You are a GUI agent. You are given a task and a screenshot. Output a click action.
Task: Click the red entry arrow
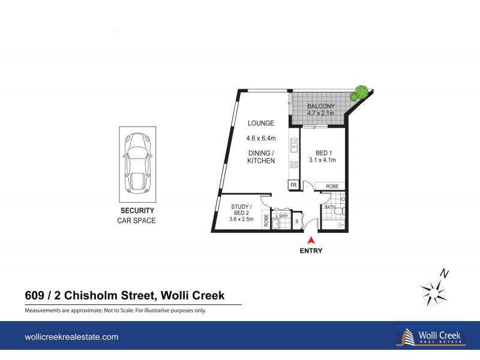[x=311, y=240]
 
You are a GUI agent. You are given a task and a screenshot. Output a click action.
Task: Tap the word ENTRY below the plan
[x=311, y=251]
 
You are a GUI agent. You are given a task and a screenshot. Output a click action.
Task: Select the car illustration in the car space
[x=137, y=164]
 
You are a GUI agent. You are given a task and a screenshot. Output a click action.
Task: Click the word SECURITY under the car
[x=137, y=211]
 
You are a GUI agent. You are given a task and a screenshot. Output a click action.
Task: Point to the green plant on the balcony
[x=360, y=92]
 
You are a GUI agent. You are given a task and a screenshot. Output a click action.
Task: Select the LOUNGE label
[x=261, y=123]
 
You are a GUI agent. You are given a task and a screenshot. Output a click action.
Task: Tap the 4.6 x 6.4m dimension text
[x=261, y=138]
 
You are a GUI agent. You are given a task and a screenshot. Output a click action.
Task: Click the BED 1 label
[x=322, y=152]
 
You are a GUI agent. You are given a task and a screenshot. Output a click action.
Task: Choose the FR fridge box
[x=293, y=185]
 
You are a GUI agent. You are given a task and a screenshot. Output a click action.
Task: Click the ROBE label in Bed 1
[x=332, y=187]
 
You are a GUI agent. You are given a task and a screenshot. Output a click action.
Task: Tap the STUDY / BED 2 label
[x=241, y=210]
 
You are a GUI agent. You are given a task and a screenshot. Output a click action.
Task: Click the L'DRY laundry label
[x=281, y=215]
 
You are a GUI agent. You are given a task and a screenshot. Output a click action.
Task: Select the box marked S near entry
[x=296, y=221]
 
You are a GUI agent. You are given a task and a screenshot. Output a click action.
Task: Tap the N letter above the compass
[x=444, y=273]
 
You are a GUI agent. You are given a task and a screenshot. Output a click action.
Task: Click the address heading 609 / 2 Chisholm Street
[x=125, y=295]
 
